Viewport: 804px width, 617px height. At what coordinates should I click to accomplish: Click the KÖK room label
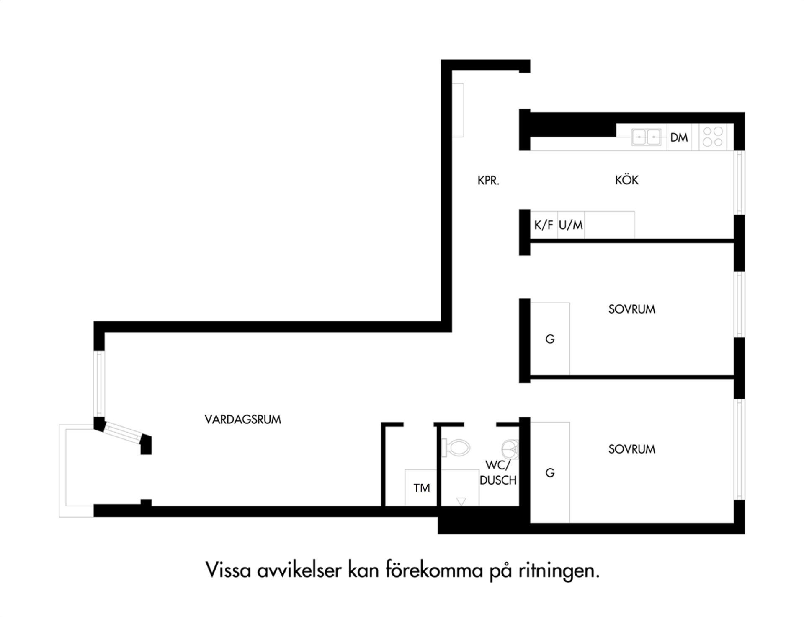pyautogui.click(x=626, y=180)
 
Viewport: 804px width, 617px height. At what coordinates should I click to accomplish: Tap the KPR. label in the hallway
pyautogui.click(x=488, y=181)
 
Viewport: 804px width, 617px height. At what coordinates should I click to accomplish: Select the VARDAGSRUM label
pyautogui.click(x=243, y=419)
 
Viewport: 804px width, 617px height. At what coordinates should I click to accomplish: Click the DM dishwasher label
pyautogui.click(x=679, y=137)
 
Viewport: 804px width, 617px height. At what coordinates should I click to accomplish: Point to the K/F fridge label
pyautogui.click(x=544, y=225)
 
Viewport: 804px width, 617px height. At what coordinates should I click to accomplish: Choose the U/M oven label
pyautogui.click(x=571, y=225)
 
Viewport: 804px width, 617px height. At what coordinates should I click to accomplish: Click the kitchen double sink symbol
pyautogui.click(x=646, y=137)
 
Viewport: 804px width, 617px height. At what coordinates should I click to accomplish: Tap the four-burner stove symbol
pyautogui.click(x=713, y=137)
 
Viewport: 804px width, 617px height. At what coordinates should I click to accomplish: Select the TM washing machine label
pyautogui.click(x=421, y=487)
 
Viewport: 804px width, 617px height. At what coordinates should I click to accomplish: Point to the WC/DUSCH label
pyautogui.click(x=498, y=472)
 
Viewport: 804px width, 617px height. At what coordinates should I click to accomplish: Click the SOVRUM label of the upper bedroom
pyautogui.click(x=631, y=309)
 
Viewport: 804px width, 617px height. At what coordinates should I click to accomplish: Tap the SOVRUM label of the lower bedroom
pyautogui.click(x=631, y=449)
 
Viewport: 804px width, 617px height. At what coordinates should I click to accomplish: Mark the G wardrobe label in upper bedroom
pyautogui.click(x=550, y=339)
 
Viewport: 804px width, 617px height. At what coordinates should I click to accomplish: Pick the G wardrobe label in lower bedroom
pyautogui.click(x=550, y=473)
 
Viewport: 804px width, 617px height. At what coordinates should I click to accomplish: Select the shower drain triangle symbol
pyautogui.click(x=461, y=501)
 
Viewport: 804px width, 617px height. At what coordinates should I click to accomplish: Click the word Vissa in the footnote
pyautogui.click(x=228, y=570)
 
